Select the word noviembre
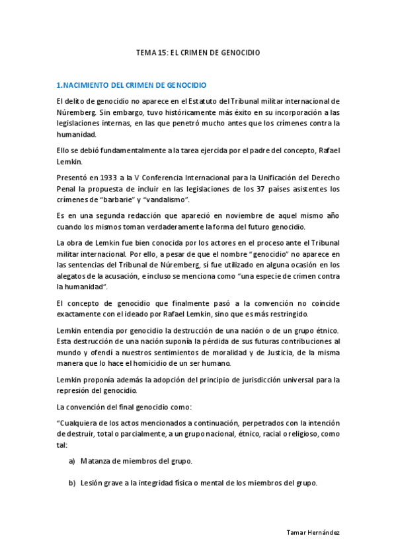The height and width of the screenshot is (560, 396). click(253, 216)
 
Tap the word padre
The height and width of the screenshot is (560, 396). click(242, 151)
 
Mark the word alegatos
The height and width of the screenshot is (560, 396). click(73, 276)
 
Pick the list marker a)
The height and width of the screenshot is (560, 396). click(72, 461)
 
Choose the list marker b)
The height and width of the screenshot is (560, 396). click(72, 483)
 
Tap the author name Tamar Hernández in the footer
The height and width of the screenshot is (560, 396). click(314, 532)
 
